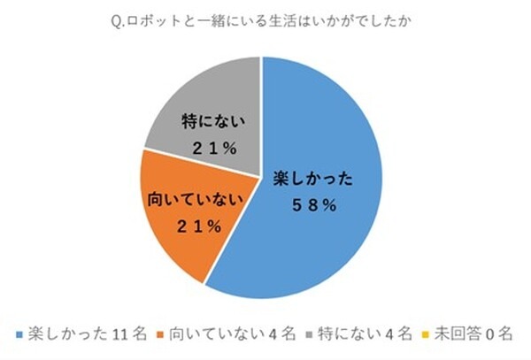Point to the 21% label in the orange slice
[x=195, y=226]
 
